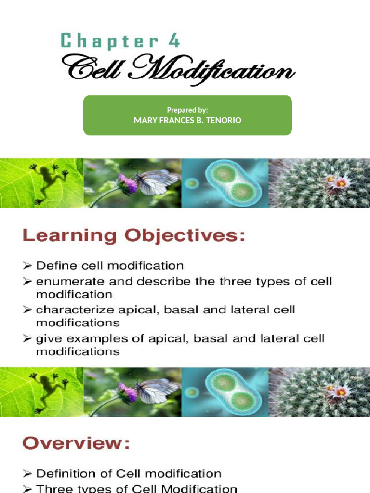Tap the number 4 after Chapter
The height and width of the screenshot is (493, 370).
point(174,41)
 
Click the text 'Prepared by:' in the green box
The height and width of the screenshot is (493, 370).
point(187,110)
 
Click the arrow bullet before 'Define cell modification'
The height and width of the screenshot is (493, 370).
point(27,265)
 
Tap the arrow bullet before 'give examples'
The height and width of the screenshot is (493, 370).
point(27,338)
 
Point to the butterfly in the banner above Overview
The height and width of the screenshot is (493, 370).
point(154,389)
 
